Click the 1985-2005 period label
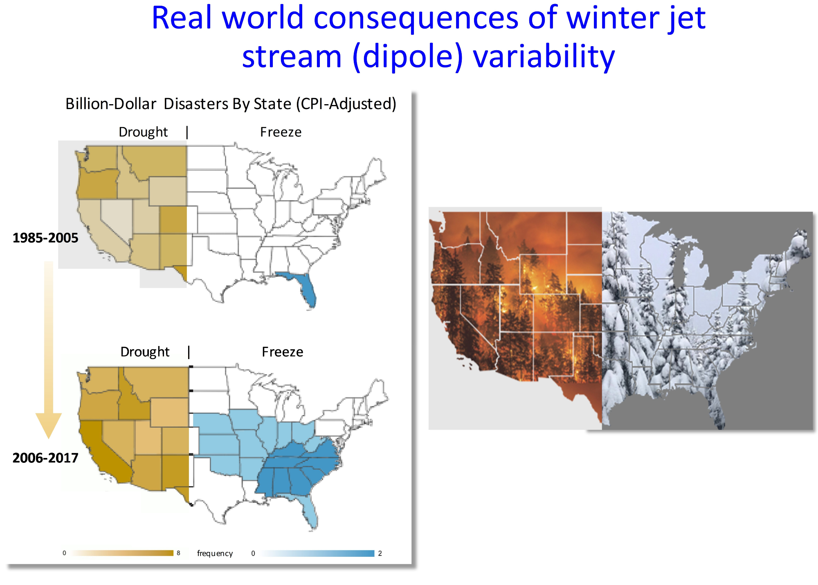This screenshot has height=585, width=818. (45, 238)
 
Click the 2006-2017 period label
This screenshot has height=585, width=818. (45, 458)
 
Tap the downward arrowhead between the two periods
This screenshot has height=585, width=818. (48, 425)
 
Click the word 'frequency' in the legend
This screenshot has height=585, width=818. (215, 553)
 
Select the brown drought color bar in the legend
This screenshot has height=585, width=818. (122, 553)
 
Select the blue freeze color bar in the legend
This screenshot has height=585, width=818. (317, 554)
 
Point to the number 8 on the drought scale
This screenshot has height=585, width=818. (178, 553)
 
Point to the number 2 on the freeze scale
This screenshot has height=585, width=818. (380, 554)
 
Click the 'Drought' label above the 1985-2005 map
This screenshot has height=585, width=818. (143, 132)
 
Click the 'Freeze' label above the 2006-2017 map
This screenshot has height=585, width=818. (283, 352)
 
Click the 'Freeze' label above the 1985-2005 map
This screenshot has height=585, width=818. (281, 132)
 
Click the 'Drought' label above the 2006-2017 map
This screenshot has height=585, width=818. (145, 352)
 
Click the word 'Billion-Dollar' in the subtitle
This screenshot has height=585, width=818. (111, 104)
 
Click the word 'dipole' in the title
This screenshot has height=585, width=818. (408, 56)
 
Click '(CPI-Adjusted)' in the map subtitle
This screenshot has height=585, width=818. (348, 104)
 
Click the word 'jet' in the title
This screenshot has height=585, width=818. (687, 18)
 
